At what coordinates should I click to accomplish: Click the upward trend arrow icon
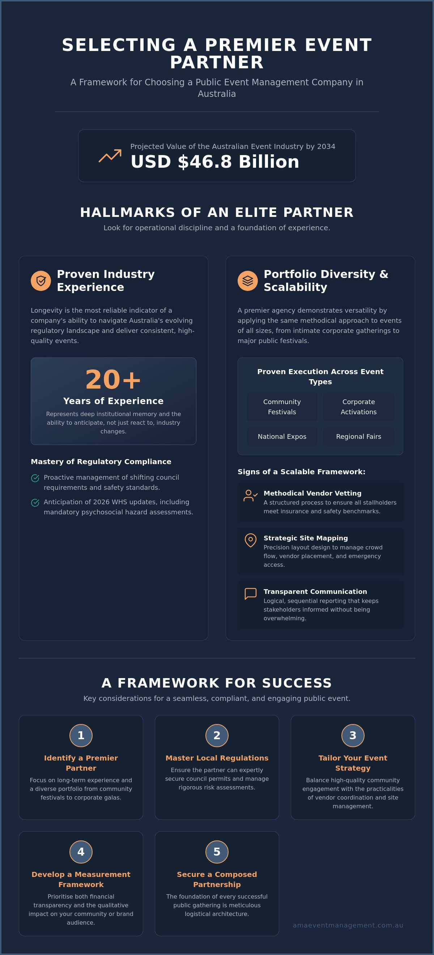110,156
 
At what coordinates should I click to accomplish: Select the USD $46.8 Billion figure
215,162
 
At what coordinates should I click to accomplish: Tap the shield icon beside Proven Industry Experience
41,280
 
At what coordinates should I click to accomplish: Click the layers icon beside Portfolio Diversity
248,280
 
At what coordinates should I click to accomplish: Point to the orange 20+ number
113,380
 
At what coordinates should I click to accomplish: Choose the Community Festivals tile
282,407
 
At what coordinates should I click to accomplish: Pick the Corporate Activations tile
359,407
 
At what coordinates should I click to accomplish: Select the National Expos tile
282,436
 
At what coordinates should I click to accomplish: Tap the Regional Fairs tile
359,436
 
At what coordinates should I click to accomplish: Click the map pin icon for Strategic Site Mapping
250,540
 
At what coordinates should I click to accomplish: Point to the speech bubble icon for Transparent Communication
250,594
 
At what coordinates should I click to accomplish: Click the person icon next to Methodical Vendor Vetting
250,495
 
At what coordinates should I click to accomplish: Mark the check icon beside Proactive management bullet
35,478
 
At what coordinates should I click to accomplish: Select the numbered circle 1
81,735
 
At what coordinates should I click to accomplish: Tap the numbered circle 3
353,735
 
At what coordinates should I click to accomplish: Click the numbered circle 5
217,852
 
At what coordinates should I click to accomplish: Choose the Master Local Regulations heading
217,758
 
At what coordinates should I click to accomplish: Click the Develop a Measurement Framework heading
81,879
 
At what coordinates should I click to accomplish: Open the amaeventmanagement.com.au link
348,925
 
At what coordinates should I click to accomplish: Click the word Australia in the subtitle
217,94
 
